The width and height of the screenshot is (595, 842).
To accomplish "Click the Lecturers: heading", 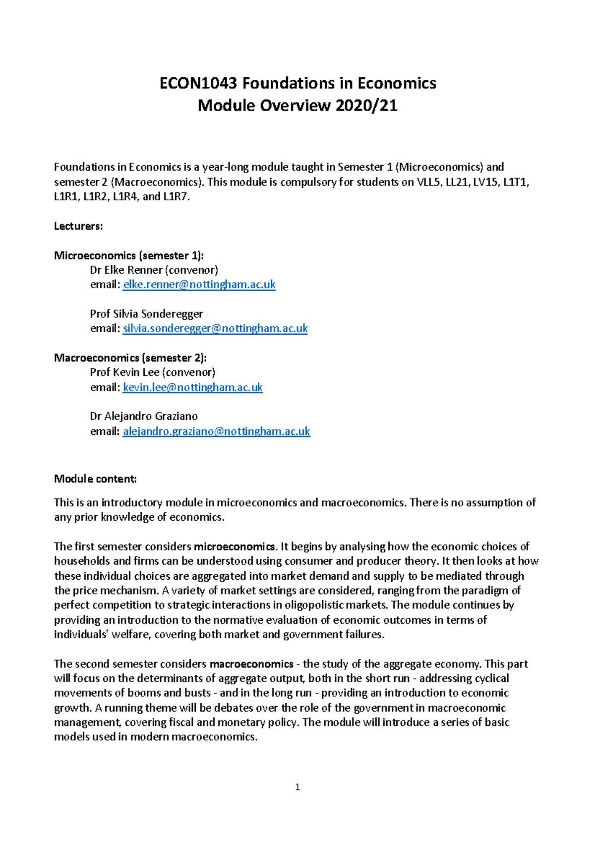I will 78,226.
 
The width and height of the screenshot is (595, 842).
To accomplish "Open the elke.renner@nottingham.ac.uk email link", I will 199,285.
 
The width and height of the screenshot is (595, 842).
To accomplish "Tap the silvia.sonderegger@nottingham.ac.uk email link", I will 215,328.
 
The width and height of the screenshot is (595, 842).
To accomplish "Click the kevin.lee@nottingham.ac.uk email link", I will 192,387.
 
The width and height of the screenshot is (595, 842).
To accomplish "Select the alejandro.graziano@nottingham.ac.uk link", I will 216,431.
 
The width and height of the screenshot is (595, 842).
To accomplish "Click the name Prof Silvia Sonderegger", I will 146,314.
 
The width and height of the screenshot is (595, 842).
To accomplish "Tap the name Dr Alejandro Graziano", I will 144,417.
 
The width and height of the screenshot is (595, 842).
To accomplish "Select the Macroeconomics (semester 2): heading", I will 130,358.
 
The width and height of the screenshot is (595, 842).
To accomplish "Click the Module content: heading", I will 95,479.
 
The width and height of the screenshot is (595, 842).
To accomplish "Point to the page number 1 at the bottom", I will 297,787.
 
